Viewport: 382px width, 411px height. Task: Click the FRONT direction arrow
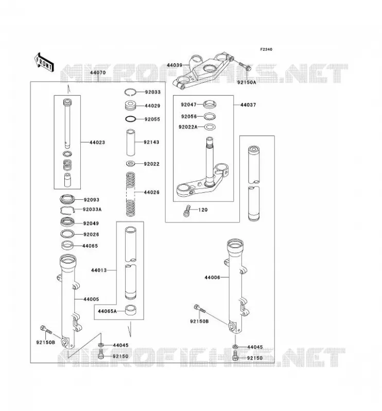coord(44,62)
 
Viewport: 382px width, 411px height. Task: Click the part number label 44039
coord(175,65)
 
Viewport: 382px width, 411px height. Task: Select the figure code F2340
coord(266,49)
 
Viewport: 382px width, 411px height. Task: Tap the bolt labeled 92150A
coord(245,66)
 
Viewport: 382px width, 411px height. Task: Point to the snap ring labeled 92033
coord(130,92)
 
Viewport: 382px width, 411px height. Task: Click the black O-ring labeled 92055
coord(130,119)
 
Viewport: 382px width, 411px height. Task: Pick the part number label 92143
coord(151,142)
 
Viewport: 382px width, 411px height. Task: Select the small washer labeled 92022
coord(131,164)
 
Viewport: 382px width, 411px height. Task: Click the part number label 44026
coord(151,192)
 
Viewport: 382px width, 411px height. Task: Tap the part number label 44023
coord(97,142)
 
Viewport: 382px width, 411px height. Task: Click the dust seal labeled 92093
coord(67,199)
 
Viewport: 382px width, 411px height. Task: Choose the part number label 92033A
coord(92,210)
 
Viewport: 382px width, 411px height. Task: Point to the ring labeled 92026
coord(67,233)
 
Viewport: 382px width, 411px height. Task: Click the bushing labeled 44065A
coord(130,310)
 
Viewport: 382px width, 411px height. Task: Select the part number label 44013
coord(99,270)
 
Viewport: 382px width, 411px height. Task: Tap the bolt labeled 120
coord(186,211)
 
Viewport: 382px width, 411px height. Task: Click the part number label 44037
coord(248,105)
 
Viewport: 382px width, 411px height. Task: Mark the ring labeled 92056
coord(210,116)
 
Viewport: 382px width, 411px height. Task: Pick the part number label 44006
coord(212,277)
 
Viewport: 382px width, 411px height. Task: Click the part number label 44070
coord(98,72)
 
